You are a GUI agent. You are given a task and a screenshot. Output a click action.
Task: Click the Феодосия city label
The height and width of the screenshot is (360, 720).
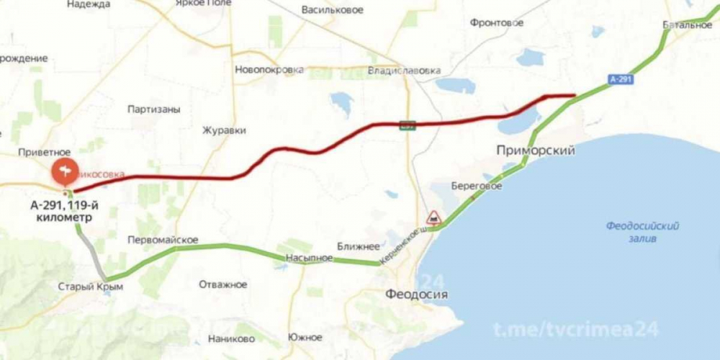pyautogui.click(x=416, y=294)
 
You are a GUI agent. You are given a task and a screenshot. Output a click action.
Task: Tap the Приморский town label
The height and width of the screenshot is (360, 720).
pyautogui.click(x=535, y=150)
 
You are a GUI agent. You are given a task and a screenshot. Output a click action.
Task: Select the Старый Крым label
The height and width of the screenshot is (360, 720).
pyautogui.click(x=91, y=287)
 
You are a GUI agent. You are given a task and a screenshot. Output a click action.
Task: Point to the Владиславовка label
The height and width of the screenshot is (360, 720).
pyautogui.click(x=403, y=71)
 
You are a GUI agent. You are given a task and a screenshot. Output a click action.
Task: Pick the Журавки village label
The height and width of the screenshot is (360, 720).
pyautogui.click(x=225, y=130)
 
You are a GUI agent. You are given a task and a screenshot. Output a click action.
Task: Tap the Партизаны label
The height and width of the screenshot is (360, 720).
pyautogui.click(x=153, y=109)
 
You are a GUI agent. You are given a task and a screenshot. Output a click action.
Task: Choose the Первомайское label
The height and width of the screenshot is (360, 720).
pyautogui.click(x=163, y=239)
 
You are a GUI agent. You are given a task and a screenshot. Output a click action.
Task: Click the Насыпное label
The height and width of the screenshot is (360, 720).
pyautogui.click(x=309, y=257)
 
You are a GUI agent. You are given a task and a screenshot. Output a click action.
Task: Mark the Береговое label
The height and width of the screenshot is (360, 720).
pyautogui.click(x=476, y=186)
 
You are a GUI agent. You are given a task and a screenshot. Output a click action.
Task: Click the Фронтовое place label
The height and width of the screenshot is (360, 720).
pyautogui.click(x=496, y=23)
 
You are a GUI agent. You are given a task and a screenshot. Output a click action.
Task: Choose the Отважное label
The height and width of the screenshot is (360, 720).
pyautogui.click(x=223, y=284)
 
